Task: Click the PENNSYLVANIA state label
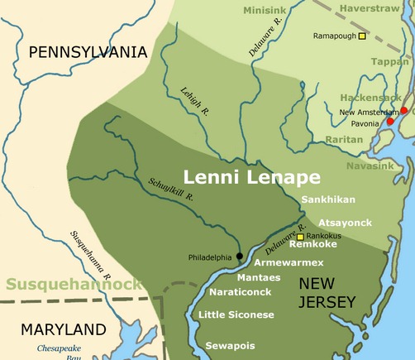coord(88,52)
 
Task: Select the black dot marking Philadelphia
coord(240,256)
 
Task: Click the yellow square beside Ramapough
coord(362,36)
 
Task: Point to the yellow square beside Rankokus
coord(300,236)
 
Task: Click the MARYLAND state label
coord(64,329)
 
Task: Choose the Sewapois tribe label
coord(230,345)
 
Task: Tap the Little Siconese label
coord(236,314)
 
